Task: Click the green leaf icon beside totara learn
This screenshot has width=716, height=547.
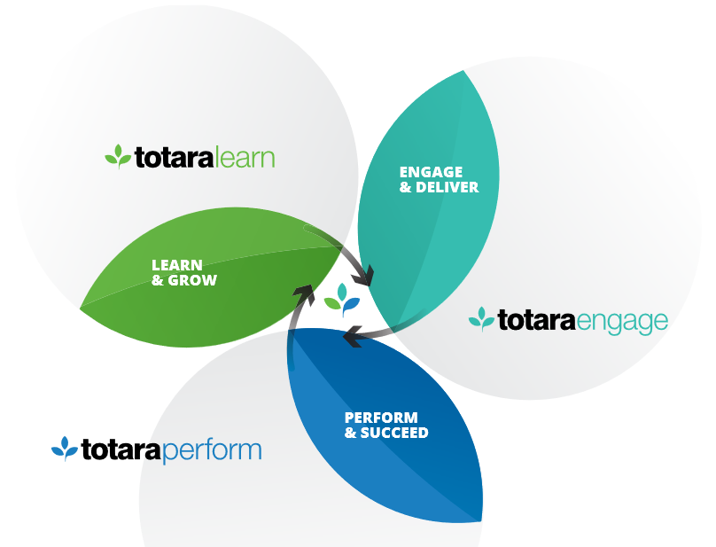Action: coord(118,157)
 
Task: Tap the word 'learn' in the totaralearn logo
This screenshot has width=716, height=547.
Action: coord(245,158)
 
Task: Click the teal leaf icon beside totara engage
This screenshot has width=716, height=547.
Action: coord(481,318)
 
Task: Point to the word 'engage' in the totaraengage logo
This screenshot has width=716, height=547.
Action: coord(622,320)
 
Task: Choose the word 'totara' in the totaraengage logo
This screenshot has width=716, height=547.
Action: coord(536,319)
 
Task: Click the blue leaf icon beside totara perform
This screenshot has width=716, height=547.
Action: coord(65,449)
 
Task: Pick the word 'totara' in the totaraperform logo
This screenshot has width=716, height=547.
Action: coord(121,449)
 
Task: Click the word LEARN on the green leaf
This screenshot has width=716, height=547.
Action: coord(177,264)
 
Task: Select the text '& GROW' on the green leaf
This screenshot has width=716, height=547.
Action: coord(183,280)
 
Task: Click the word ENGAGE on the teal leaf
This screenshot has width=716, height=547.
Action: coord(431,171)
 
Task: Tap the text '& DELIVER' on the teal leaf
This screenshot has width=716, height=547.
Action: coord(439,187)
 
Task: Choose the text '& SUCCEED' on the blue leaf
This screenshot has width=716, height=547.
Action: coord(386,433)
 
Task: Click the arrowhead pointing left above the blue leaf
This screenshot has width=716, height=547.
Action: coord(352,335)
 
